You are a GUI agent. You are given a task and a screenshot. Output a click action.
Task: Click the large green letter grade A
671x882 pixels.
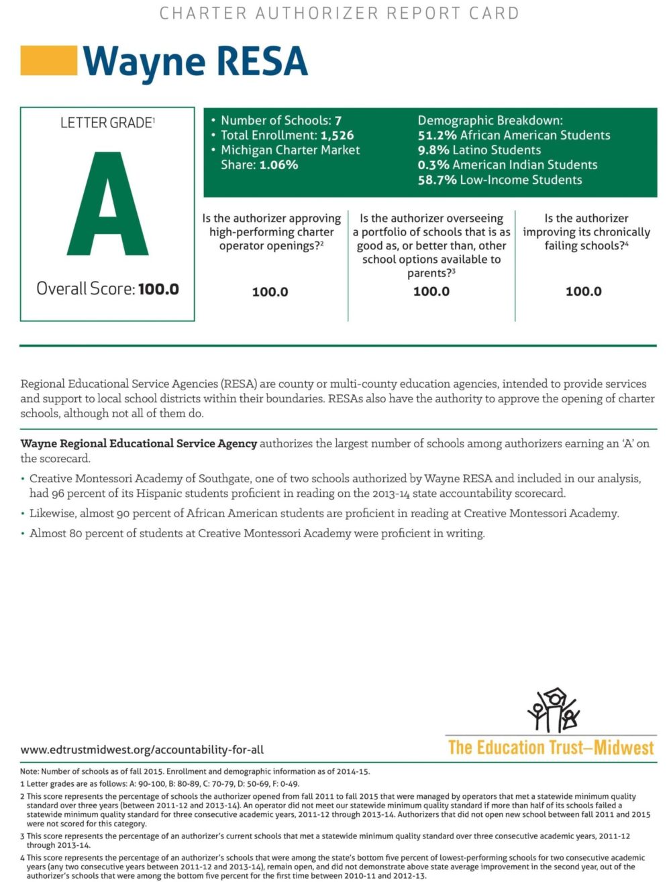click(107, 205)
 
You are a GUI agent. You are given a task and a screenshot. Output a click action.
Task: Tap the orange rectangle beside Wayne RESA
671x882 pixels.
click(48, 60)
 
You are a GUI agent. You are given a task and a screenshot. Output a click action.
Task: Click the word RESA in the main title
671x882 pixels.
click(262, 61)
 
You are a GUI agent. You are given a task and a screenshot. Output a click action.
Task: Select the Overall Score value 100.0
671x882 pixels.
click(158, 289)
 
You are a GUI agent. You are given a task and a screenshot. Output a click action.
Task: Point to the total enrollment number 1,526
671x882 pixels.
click(337, 135)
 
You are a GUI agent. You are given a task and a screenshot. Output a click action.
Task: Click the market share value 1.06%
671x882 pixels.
click(278, 165)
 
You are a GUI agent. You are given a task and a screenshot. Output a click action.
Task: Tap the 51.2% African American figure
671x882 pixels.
click(437, 135)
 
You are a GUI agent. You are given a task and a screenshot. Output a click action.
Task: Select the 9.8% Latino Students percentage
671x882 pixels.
click(433, 150)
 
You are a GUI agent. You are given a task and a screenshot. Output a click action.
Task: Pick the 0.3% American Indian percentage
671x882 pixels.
click(433, 165)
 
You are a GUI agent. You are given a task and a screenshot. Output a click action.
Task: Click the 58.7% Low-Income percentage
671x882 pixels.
click(437, 180)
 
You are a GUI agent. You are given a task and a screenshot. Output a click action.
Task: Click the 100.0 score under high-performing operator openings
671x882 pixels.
click(270, 292)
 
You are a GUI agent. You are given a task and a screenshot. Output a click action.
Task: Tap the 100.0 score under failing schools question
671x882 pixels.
click(583, 291)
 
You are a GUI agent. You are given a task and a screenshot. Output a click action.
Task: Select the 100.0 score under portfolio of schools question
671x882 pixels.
click(431, 291)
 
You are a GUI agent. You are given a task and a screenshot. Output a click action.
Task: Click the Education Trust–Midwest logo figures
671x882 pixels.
click(553, 710)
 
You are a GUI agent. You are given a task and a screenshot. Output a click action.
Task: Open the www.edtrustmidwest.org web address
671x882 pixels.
click(142, 749)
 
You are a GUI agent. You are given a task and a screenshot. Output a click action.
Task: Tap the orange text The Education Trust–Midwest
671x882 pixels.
click(550, 747)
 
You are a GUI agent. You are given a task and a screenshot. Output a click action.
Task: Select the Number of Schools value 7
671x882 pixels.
click(338, 121)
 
